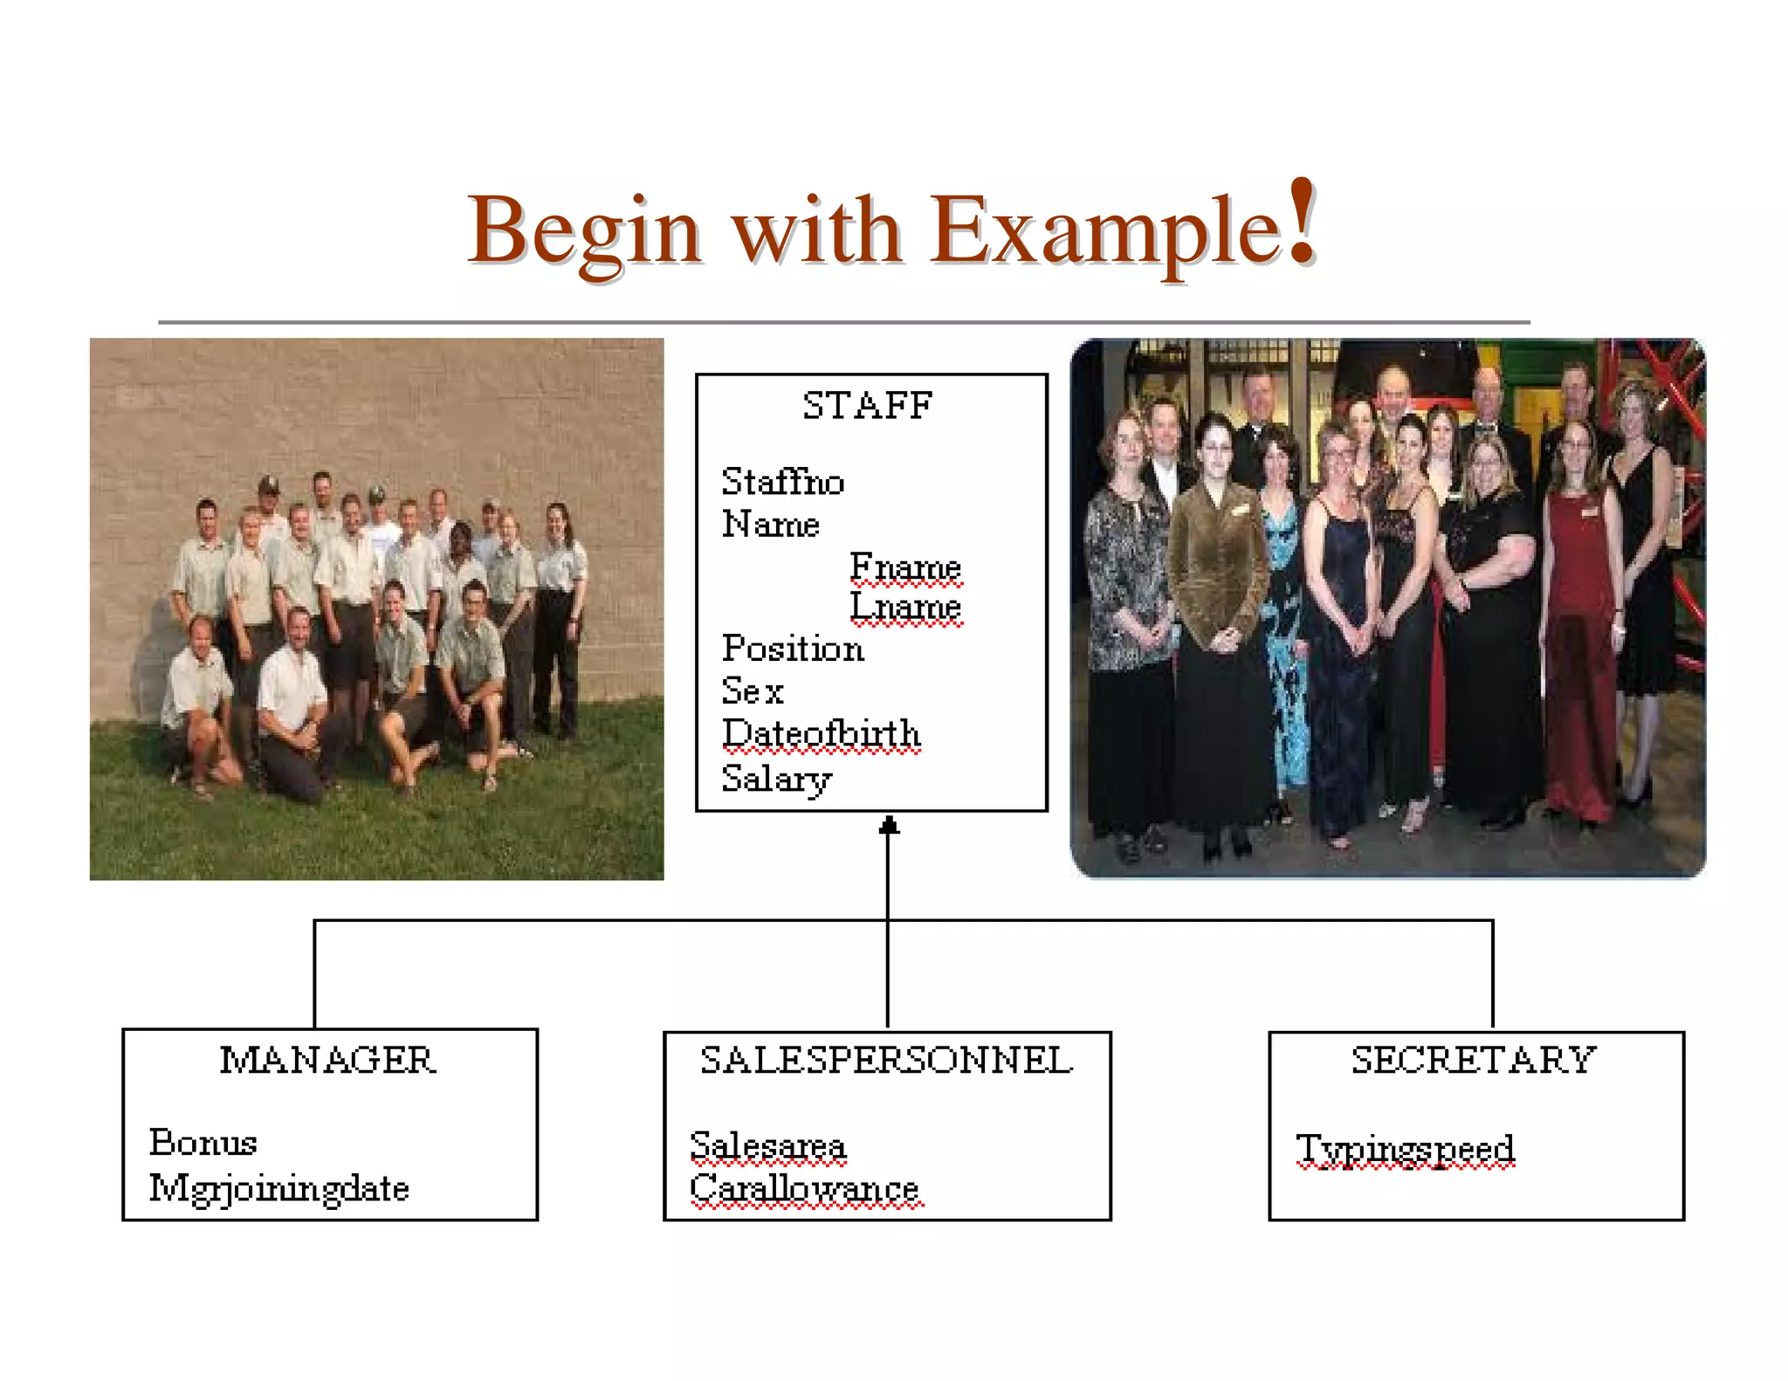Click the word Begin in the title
[583, 232]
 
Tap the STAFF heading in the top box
[868, 406]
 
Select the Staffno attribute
[782, 482]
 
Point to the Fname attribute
[905, 567]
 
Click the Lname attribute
[905, 606]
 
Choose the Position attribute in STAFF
[793, 649]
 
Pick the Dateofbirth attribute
[821, 734]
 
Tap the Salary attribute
[776, 778]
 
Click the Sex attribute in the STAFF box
[752, 691]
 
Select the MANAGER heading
[327, 1061]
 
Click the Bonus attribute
[203, 1143]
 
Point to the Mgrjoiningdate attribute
[279, 1188]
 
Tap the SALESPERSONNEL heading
[886, 1061]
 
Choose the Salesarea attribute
[767, 1145]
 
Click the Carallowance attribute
[804, 1188]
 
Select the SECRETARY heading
[1474, 1061]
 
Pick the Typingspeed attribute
[1405, 1149]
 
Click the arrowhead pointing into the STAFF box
[888, 825]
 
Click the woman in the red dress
[1578, 629]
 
